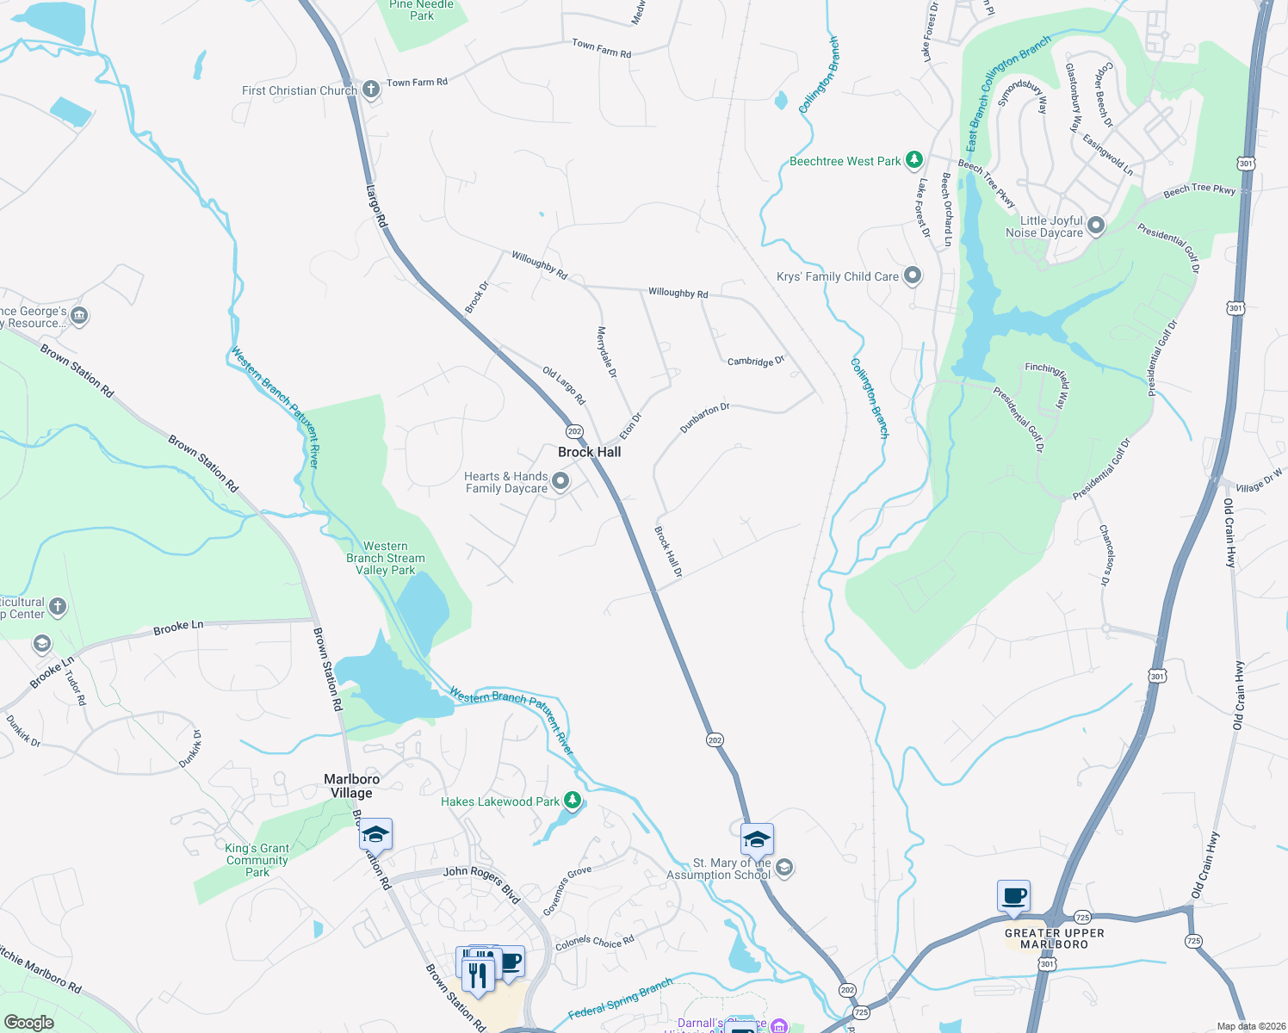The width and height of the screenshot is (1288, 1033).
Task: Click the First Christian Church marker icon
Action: pyautogui.click(x=370, y=90)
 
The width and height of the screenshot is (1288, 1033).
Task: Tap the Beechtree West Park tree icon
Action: pyautogui.click(x=914, y=160)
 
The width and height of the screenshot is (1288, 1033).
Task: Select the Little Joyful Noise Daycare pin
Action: pyautogui.click(x=1095, y=226)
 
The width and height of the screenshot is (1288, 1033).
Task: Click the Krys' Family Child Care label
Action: pyautogui.click(x=837, y=276)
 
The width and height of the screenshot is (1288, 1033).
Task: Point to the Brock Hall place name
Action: pyautogui.click(x=589, y=452)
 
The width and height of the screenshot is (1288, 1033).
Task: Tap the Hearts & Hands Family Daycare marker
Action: pyautogui.click(x=560, y=481)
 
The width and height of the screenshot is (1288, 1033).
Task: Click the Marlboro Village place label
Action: pyautogui.click(x=351, y=786)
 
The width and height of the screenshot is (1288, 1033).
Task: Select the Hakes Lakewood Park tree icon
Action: pyautogui.click(x=572, y=801)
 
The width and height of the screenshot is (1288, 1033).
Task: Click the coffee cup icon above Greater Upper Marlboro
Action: pyautogui.click(x=1013, y=897)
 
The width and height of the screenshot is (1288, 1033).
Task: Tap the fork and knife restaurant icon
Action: pyautogui.click(x=478, y=975)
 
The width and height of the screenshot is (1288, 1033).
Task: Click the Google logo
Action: pyautogui.click(x=29, y=1023)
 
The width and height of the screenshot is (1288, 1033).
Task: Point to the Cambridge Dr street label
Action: pyautogui.click(x=755, y=362)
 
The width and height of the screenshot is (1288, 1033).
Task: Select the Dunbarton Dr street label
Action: pyautogui.click(x=704, y=418)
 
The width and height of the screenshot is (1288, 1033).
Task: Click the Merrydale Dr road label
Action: pyautogui.click(x=607, y=352)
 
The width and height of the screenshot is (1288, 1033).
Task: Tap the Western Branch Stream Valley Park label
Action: pyautogui.click(x=385, y=558)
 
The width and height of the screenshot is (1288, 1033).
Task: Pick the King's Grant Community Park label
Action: pyautogui.click(x=257, y=860)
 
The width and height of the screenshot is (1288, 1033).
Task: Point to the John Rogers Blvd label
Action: pyautogui.click(x=482, y=883)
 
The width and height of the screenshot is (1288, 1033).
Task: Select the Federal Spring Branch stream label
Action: pyautogui.click(x=621, y=999)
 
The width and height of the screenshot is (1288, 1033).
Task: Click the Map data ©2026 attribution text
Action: pyautogui.click(x=1248, y=1026)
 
